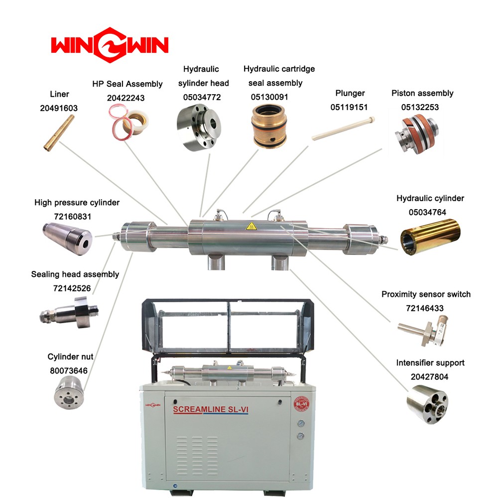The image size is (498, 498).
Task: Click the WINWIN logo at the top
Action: [x=110, y=45]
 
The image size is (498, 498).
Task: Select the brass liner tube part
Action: [x=59, y=133]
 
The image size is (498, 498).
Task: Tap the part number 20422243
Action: [x=126, y=98]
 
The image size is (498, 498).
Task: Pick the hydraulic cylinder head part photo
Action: [x=199, y=128]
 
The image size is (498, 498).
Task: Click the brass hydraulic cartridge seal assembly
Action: [x=269, y=126]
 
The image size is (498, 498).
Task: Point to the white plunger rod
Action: [x=343, y=128]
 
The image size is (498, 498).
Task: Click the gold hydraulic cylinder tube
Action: [x=430, y=237]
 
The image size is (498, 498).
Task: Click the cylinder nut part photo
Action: [x=69, y=392]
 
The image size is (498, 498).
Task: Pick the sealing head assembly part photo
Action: [x=69, y=312]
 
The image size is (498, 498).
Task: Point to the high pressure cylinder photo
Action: [x=67, y=238]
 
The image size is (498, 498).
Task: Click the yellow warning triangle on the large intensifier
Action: [x=251, y=226]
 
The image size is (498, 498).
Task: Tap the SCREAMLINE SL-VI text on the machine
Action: [x=211, y=409]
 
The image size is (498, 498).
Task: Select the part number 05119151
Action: [x=349, y=107]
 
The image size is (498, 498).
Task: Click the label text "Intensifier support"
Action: [x=430, y=363]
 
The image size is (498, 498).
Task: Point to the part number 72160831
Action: [x=72, y=217]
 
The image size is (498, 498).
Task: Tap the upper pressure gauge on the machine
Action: [x=301, y=423]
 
